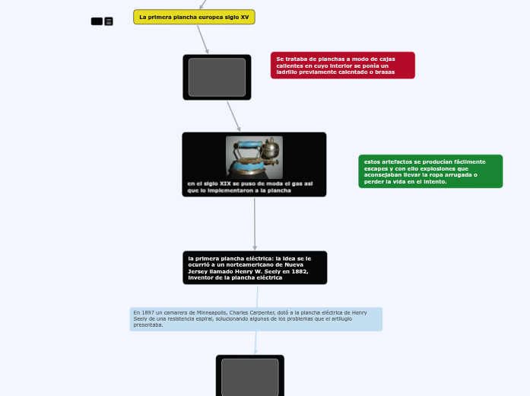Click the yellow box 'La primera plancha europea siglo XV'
[194, 17]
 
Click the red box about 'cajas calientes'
[342, 65]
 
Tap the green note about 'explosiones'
[430, 171]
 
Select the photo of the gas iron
[254, 157]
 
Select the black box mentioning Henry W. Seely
[255, 268]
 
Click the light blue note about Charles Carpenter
[255, 319]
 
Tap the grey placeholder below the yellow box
[217, 77]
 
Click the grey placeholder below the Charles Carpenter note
[249, 376]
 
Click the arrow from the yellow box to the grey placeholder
[202, 39]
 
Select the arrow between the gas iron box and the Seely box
[255, 224]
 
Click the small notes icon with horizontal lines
[109, 21]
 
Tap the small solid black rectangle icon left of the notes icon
[97, 21]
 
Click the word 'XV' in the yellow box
[245, 17]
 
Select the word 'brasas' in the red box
[385, 72]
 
